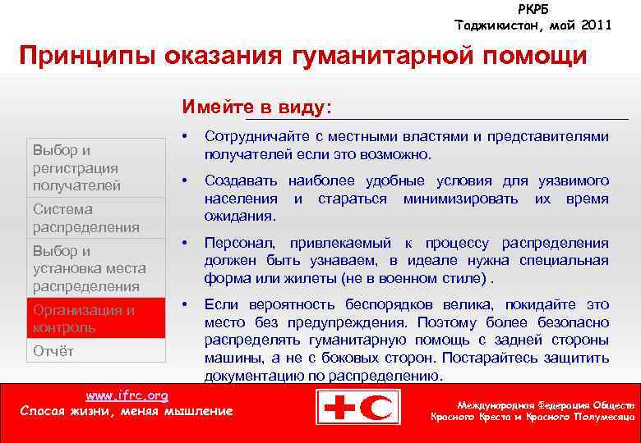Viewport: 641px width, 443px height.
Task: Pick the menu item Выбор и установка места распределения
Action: pos(89,268)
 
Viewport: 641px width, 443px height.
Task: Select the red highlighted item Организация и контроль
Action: pos(83,318)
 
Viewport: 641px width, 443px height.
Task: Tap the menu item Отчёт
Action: pos(53,351)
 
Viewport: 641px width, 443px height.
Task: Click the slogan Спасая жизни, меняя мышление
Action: pos(127,411)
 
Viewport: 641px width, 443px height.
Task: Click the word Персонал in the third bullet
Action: pos(235,244)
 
